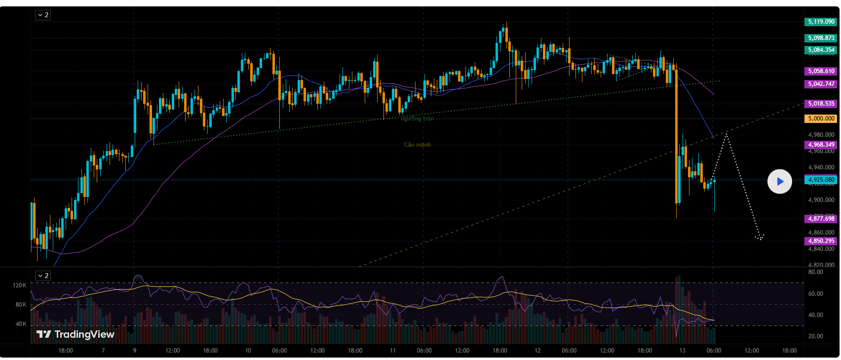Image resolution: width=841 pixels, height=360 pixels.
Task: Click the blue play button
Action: click(x=779, y=182)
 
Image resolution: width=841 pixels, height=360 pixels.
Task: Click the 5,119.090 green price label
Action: click(x=821, y=22)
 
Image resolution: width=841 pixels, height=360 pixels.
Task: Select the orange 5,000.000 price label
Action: click(x=821, y=119)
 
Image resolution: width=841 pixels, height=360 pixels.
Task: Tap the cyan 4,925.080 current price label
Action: click(x=821, y=180)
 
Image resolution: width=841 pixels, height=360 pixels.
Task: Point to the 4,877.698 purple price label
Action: click(x=821, y=219)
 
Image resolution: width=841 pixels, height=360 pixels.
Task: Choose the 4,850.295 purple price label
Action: click(x=821, y=241)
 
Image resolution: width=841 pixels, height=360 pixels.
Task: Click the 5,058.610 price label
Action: click(x=821, y=71)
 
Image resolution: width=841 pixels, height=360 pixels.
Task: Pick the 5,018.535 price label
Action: click(x=821, y=104)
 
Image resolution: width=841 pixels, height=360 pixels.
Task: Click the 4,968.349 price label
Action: click(x=821, y=145)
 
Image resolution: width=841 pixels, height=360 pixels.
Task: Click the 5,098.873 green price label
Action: click(x=821, y=38)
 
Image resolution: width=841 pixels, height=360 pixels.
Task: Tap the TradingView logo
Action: click(x=76, y=334)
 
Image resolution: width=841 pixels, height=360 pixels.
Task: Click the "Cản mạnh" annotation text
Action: click(x=417, y=145)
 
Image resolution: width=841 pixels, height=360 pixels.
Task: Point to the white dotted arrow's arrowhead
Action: click(x=760, y=238)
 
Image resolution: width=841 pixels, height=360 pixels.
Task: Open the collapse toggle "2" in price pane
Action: click(x=42, y=15)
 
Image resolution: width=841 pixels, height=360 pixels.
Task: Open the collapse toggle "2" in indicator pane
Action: click(x=42, y=276)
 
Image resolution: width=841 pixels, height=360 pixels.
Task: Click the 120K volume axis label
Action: click(x=19, y=285)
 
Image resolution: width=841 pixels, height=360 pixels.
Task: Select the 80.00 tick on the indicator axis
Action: click(x=815, y=272)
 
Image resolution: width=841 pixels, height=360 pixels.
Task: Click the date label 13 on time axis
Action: click(x=682, y=351)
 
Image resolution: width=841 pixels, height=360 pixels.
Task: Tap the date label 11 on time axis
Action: click(x=392, y=351)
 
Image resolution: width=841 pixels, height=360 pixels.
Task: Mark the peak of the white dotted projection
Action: click(x=726, y=133)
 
